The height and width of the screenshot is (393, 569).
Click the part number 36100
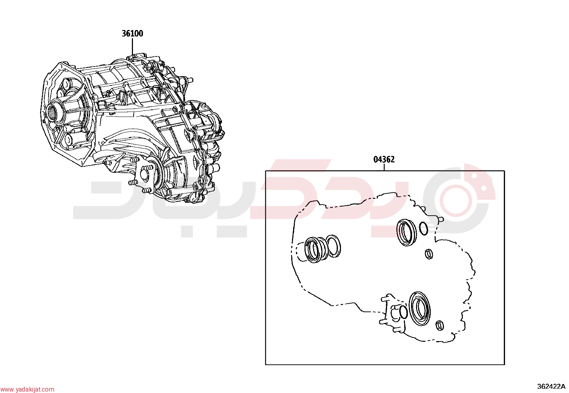coord(132,34)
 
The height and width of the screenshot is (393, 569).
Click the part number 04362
coord(384,159)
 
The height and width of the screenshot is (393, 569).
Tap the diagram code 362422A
coord(551,387)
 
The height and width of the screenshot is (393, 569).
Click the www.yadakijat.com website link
coord(27,389)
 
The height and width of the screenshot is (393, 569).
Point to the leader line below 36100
coord(132,47)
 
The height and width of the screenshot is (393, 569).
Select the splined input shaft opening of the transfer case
coord(53,113)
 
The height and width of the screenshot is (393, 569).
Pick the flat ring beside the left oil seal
coord(333,245)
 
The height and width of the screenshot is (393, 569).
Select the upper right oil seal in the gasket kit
coord(406,232)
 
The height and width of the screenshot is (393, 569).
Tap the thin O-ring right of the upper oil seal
coord(424,229)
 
